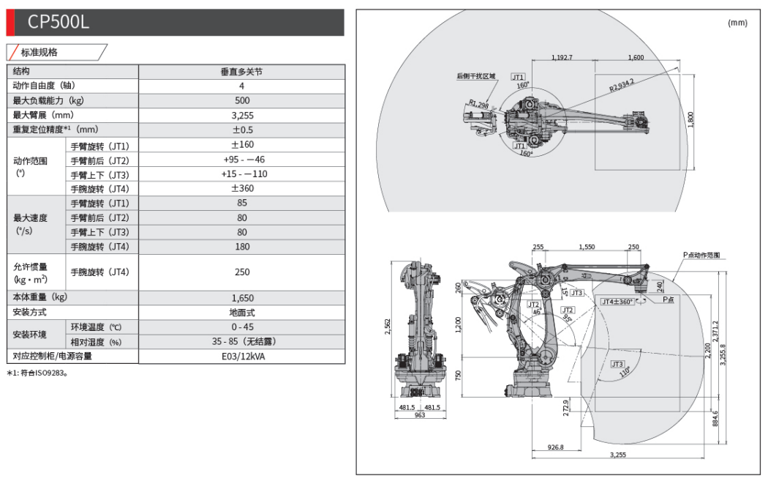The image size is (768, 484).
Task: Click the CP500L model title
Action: point(59,22)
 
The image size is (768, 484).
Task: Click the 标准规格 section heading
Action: point(39,52)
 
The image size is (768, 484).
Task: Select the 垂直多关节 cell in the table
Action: point(241,72)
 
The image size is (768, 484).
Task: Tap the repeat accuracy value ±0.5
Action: point(241,130)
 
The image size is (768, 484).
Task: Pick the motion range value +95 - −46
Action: point(242,160)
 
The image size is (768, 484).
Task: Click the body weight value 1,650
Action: point(242,298)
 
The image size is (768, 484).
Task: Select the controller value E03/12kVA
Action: point(242,357)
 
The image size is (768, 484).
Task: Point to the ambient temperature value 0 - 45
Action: point(242,327)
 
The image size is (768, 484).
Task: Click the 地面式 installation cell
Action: point(242,313)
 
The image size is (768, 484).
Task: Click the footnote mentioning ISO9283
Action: point(37,373)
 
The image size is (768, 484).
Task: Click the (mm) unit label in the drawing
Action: point(737,23)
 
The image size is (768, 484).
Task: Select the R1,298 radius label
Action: point(479,104)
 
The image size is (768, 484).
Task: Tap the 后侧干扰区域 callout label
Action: point(476,75)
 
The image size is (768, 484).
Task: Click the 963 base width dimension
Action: point(419,415)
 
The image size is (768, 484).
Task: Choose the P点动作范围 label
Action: point(701,255)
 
